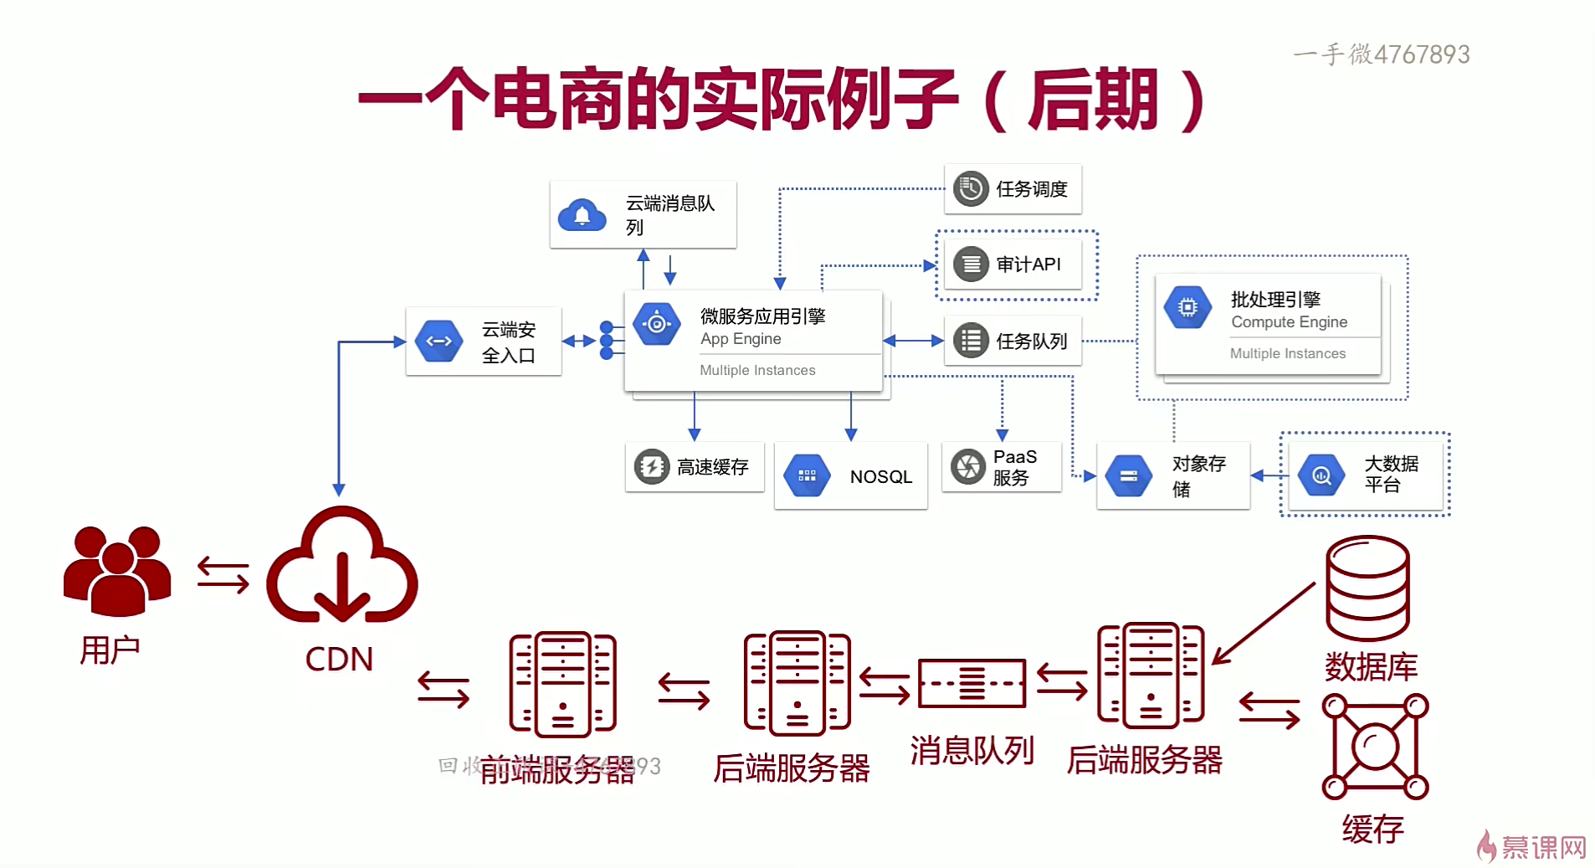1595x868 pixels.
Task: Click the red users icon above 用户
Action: tap(117, 571)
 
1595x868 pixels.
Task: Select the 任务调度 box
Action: tap(1013, 189)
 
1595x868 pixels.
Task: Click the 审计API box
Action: tap(1013, 265)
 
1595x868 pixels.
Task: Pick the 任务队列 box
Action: tap(1013, 341)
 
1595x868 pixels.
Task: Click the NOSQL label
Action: tap(880, 477)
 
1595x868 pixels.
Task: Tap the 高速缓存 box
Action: tap(695, 467)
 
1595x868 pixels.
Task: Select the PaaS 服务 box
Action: tap(1002, 467)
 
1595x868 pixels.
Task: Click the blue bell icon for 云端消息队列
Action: tap(582, 215)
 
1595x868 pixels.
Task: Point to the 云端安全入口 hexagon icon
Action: tap(439, 341)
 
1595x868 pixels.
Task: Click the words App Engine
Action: tap(741, 339)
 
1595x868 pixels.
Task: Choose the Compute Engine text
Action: tap(1289, 322)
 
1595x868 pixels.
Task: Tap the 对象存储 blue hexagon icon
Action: tap(1128, 475)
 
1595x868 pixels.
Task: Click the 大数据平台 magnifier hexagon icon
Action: tap(1321, 475)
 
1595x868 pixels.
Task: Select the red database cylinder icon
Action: tap(1367, 588)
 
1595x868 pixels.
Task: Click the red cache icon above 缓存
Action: tap(1375, 746)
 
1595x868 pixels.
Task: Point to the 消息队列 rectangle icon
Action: tap(972, 683)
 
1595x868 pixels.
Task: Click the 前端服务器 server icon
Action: tap(562, 684)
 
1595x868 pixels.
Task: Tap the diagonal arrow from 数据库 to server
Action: tap(1264, 624)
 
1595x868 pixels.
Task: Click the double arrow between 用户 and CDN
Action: tap(223, 576)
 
